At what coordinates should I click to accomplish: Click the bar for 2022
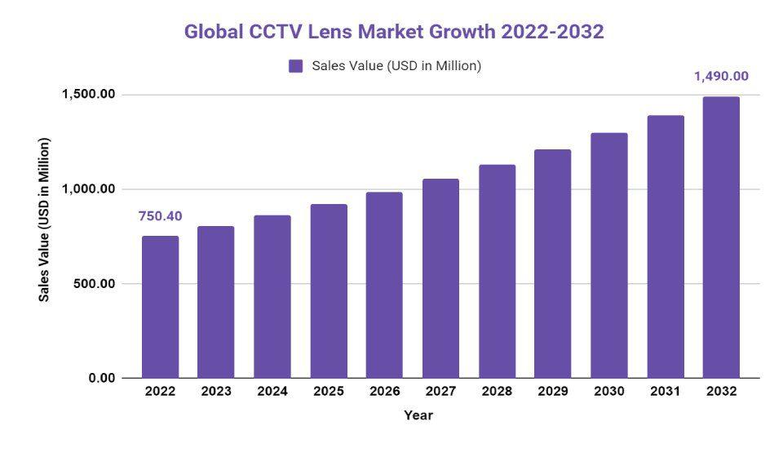(160, 307)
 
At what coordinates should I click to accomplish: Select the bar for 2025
(329, 291)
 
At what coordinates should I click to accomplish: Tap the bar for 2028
(497, 272)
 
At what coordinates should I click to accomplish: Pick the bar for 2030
(609, 255)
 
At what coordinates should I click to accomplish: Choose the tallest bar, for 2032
(721, 237)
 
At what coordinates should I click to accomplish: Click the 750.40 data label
(160, 216)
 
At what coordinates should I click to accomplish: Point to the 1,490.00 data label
(721, 77)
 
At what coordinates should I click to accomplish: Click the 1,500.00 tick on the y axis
(89, 95)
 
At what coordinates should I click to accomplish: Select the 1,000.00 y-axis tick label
(89, 189)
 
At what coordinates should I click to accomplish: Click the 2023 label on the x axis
(216, 392)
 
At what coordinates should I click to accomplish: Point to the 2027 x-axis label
(440, 392)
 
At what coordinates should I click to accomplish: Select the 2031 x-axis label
(666, 392)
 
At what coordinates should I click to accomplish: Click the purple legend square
(296, 66)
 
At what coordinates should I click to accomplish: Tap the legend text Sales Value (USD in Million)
(396, 66)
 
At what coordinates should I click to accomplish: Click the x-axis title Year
(418, 415)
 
